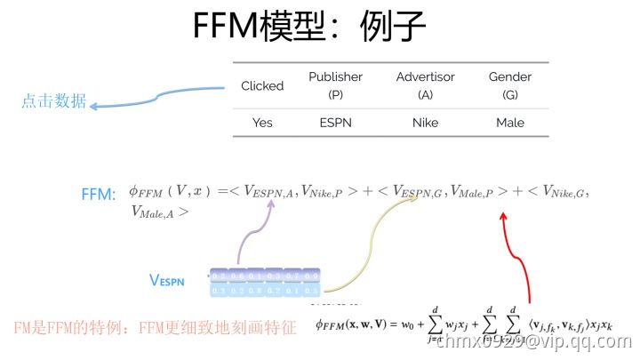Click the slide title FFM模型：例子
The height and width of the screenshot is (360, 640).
(x=310, y=28)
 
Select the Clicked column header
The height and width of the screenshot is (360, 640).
(x=262, y=86)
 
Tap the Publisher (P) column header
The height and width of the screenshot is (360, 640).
(x=335, y=85)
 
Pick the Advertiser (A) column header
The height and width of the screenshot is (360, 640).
(x=426, y=85)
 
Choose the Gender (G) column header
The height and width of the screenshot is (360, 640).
(x=510, y=85)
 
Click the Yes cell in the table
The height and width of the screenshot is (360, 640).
(x=262, y=123)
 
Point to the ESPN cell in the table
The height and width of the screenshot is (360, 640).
(x=335, y=123)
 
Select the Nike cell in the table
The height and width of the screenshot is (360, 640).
(x=426, y=123)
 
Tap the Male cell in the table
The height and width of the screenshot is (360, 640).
(x=510, y=123)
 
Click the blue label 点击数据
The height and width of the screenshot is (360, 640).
(x=53, y=101)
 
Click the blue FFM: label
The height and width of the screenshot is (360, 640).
(x=99, y=193)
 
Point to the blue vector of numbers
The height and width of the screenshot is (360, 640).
(x=264, y=283)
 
